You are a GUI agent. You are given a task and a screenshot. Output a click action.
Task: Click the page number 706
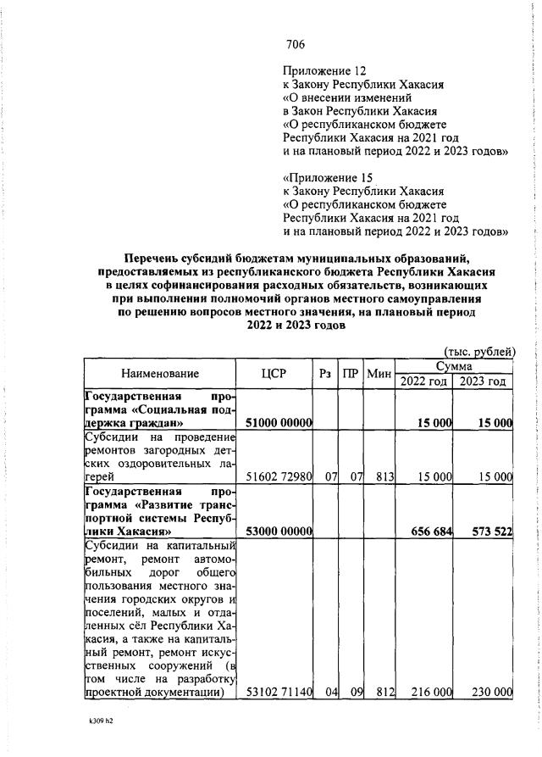296,45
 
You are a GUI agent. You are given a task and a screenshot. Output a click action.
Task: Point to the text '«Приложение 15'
328,178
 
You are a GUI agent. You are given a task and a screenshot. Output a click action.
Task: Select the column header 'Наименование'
160,373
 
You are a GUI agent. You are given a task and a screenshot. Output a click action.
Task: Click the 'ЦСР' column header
274,373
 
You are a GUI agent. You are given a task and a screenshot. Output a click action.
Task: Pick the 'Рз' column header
325,373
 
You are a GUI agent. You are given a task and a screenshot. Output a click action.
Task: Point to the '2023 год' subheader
484,381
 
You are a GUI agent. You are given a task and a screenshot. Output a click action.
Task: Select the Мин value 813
386,477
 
